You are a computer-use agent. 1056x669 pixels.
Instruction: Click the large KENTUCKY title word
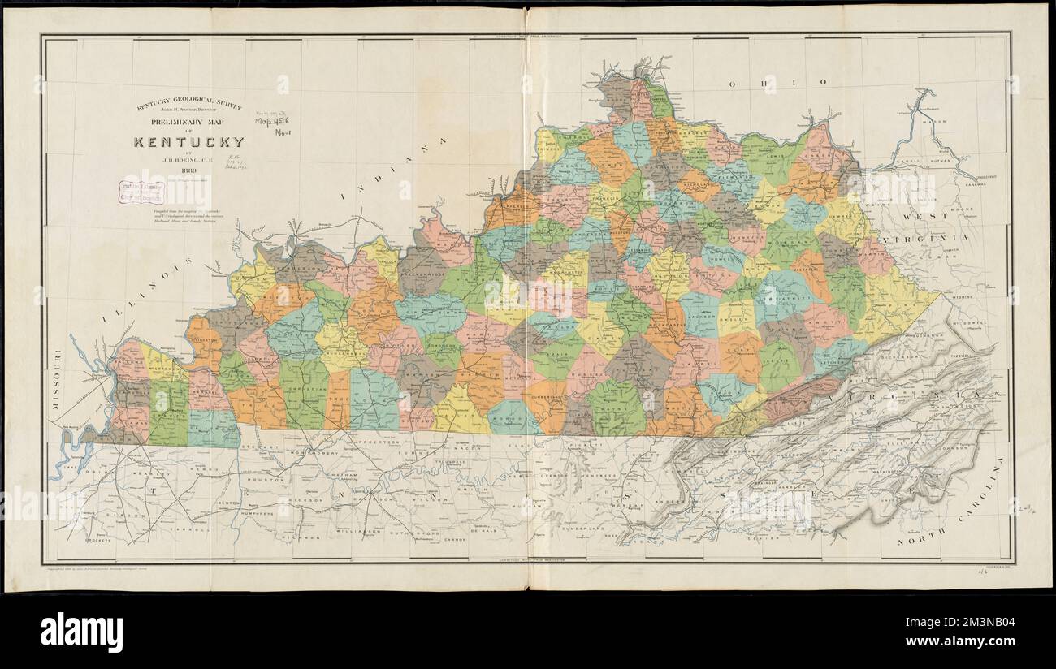(x=188, y=143)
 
